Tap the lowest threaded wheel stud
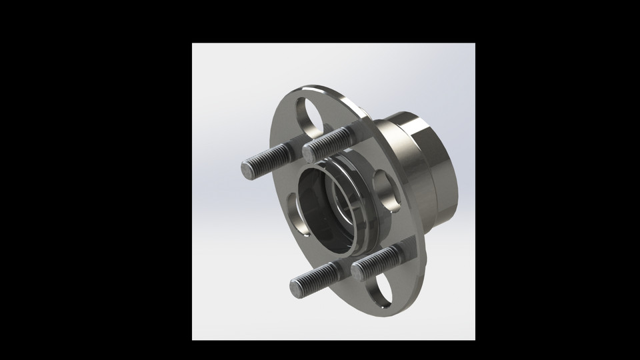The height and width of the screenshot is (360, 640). coord(317,279)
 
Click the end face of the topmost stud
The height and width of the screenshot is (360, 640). coord(309,153)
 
